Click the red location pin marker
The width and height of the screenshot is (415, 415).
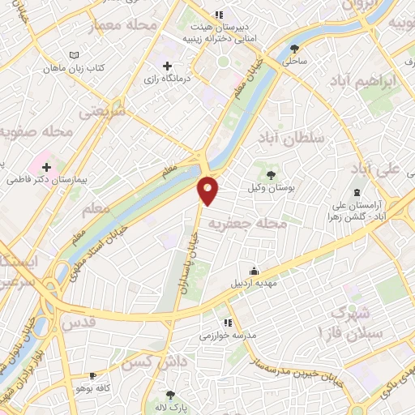tap(208, 190)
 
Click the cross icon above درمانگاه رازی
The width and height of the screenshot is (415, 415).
tap(167, 66)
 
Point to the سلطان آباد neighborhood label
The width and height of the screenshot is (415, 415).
tap(295, 138)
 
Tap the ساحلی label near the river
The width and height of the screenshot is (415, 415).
tap(294, 61)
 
